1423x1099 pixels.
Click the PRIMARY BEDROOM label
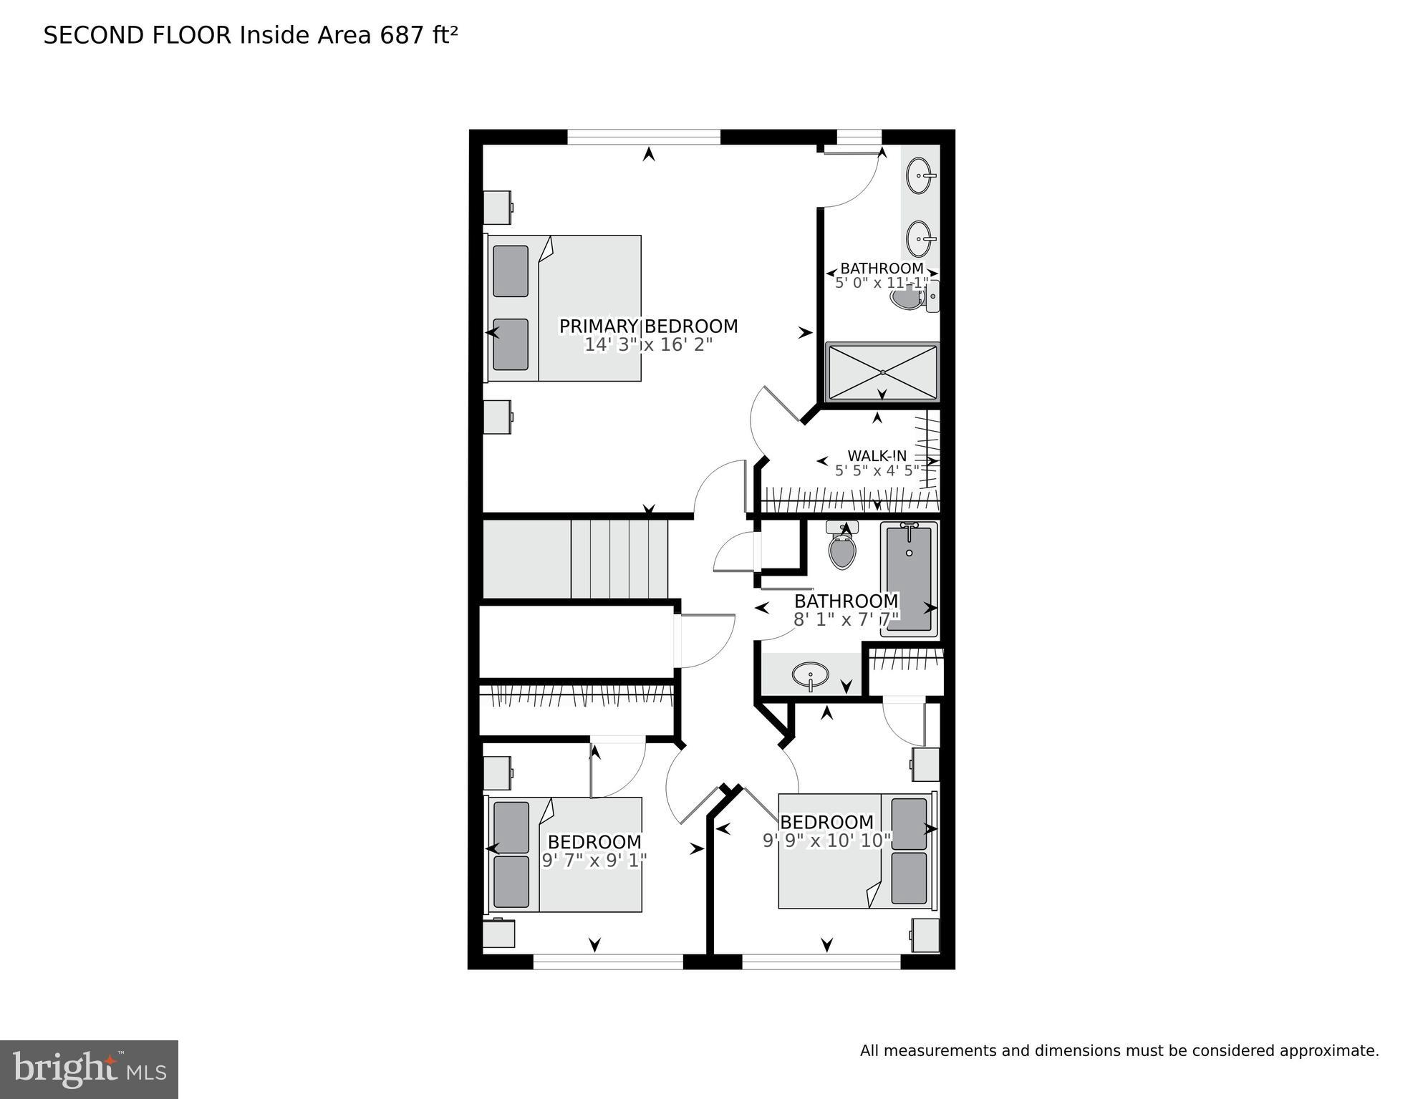(x=648, y=326)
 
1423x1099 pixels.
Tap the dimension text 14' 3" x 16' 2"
(x=648, y=345)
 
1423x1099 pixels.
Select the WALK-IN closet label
(x=877, y=456)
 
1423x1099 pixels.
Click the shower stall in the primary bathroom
(x=882, y=372)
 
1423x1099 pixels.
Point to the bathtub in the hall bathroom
(x=909, y=578)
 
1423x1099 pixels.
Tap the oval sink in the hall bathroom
(x=810, y=674)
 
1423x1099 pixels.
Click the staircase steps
(x=619, y=559)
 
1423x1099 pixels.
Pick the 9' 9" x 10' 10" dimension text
(x=826, y=841)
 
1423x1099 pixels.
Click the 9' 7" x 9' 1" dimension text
(x=594, y=861)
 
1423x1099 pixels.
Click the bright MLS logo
(x=89, y=1070)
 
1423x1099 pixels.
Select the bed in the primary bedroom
(x=564, y=308)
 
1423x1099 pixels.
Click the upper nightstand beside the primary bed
(x=497, y=208)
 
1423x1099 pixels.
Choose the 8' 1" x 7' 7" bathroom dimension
(x=845, y=620)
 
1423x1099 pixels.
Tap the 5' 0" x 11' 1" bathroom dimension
(x=882, y=283)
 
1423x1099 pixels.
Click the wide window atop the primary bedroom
(x=643, y=137)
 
